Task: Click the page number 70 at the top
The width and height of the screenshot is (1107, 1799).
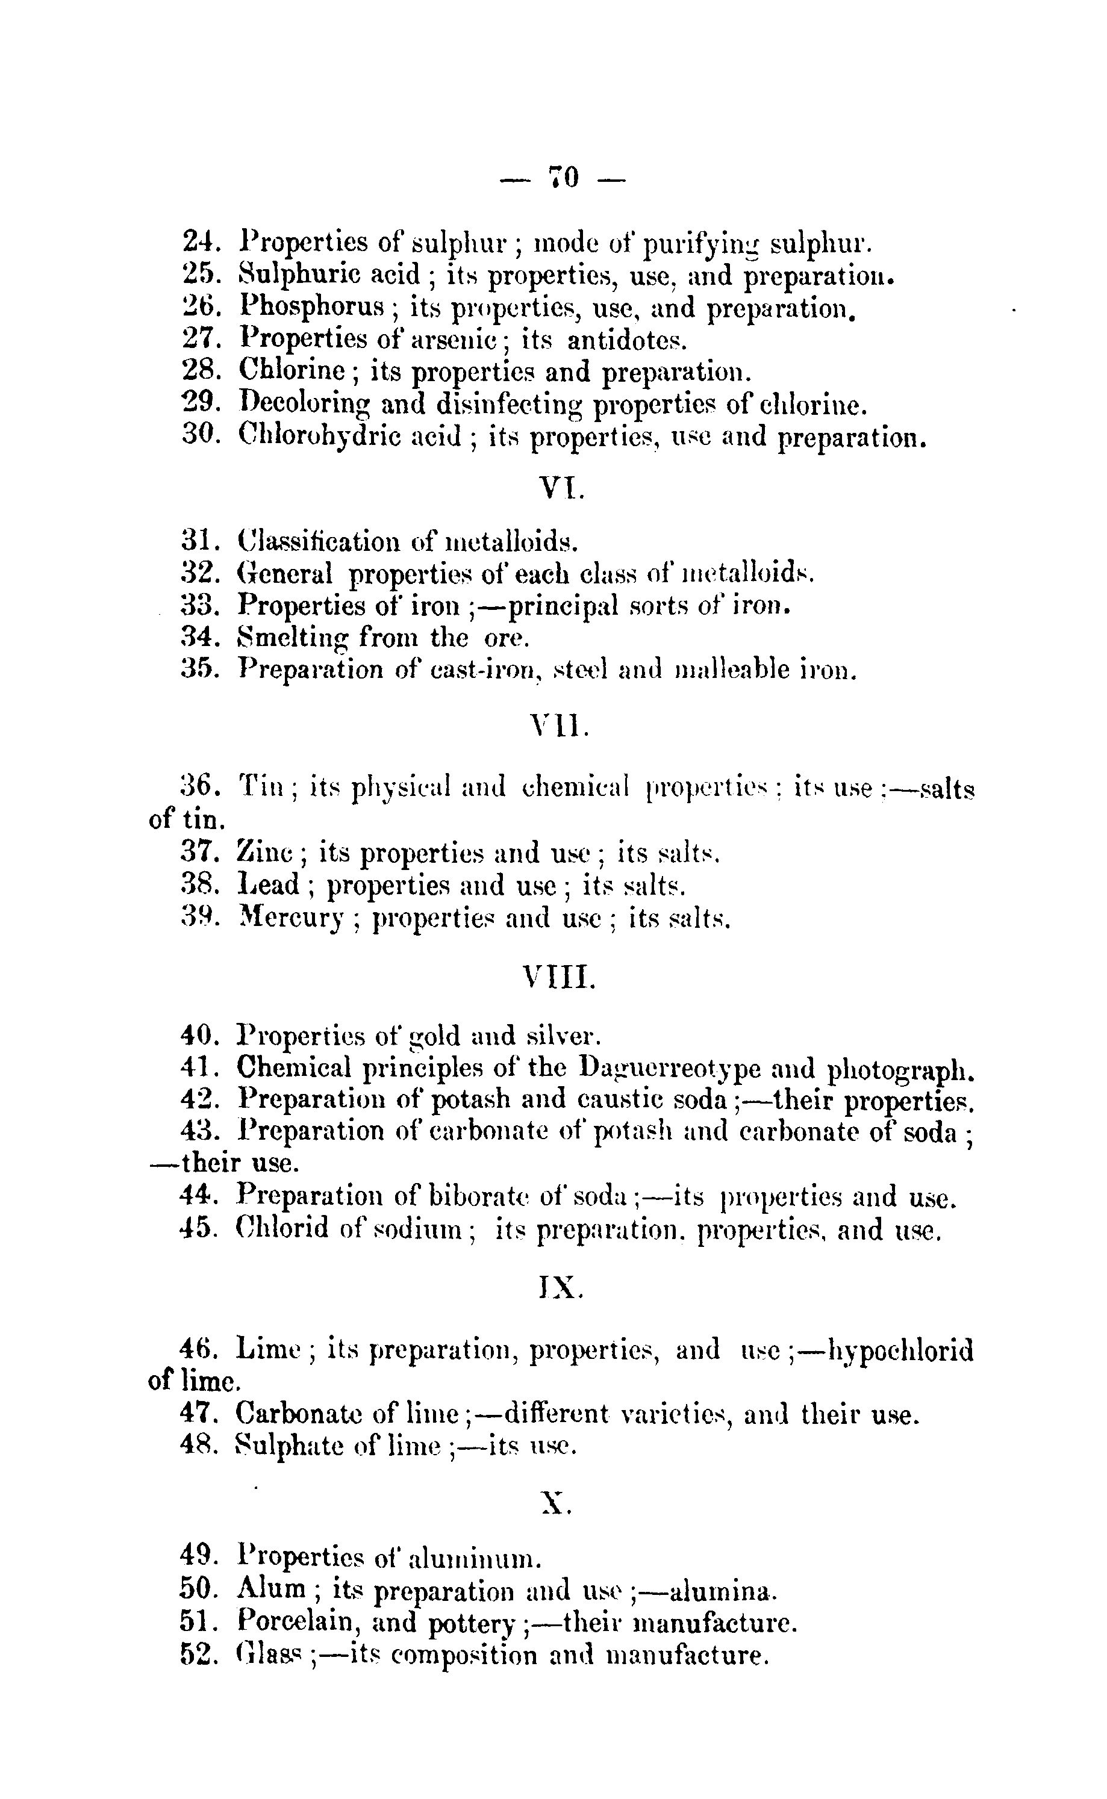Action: [563, 178]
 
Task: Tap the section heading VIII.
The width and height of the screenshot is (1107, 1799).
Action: [560, 977]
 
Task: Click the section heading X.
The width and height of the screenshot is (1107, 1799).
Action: [556, 1503]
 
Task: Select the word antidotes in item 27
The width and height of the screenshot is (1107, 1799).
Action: [628, 340]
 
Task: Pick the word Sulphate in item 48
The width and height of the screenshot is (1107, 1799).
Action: [289, 1446]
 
